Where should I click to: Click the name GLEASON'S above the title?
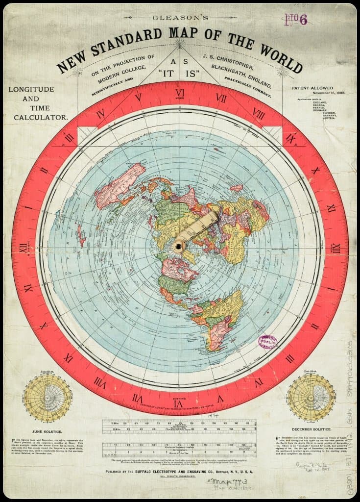click(180, 18)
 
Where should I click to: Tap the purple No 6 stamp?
click(295, 20)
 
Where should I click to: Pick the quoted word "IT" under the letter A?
click(166, 74)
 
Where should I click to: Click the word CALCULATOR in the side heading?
click(41, 118)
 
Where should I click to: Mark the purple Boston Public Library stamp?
click(267, 342)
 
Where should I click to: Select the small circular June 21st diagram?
click(48, 398)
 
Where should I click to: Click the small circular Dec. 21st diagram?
click(311, 398)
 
